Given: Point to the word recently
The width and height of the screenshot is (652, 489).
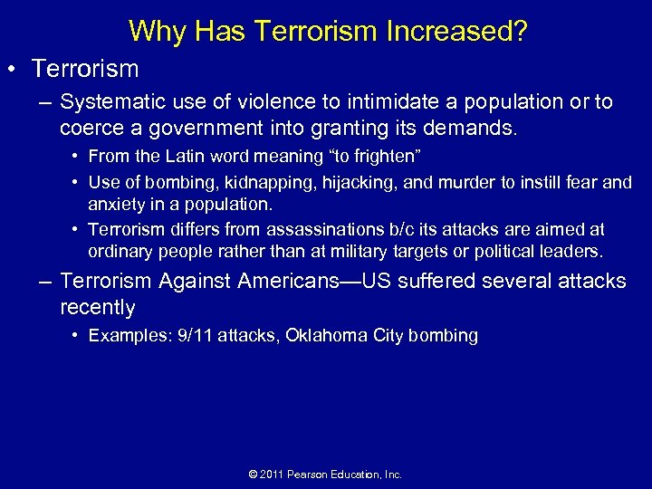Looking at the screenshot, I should tap(98, 307).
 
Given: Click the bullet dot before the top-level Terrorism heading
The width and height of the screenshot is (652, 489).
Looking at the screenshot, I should tap(18, 69).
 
